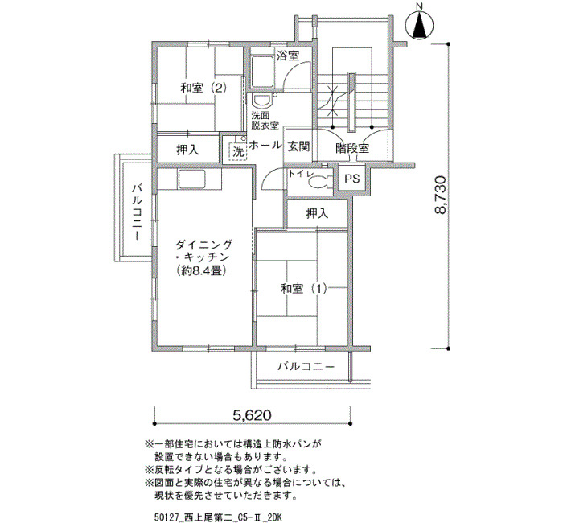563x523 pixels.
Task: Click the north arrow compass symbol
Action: tap(419, 23)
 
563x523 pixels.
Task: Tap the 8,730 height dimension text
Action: tap(440, 195)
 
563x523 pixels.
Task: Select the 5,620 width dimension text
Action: tap(252, 415)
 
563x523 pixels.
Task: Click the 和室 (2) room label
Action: tap(203, 88)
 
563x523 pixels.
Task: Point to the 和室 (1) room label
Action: tap(304, 288)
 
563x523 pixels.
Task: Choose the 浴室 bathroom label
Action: tap(288, 56)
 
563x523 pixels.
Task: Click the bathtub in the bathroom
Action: tap(263, 72)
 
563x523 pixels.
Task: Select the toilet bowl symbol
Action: tap(319, 181)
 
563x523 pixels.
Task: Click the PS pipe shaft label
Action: tap(352, 179)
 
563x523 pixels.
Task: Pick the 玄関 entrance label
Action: tap(298, 146)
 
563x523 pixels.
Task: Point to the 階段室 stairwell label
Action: tap(352, 148)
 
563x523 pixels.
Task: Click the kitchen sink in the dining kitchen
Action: tap(192, 179)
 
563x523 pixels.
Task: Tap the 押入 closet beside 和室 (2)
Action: tap(187, 150)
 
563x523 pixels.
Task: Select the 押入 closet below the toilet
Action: tap(317, 214)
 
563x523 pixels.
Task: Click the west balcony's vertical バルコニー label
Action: tap(138, 212)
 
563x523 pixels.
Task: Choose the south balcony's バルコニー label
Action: tap(306, 366)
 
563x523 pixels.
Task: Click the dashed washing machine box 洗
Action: tap(238, 151)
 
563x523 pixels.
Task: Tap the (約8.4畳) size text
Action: tap(202, 270)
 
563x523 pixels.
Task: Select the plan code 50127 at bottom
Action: tap(164, 517)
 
